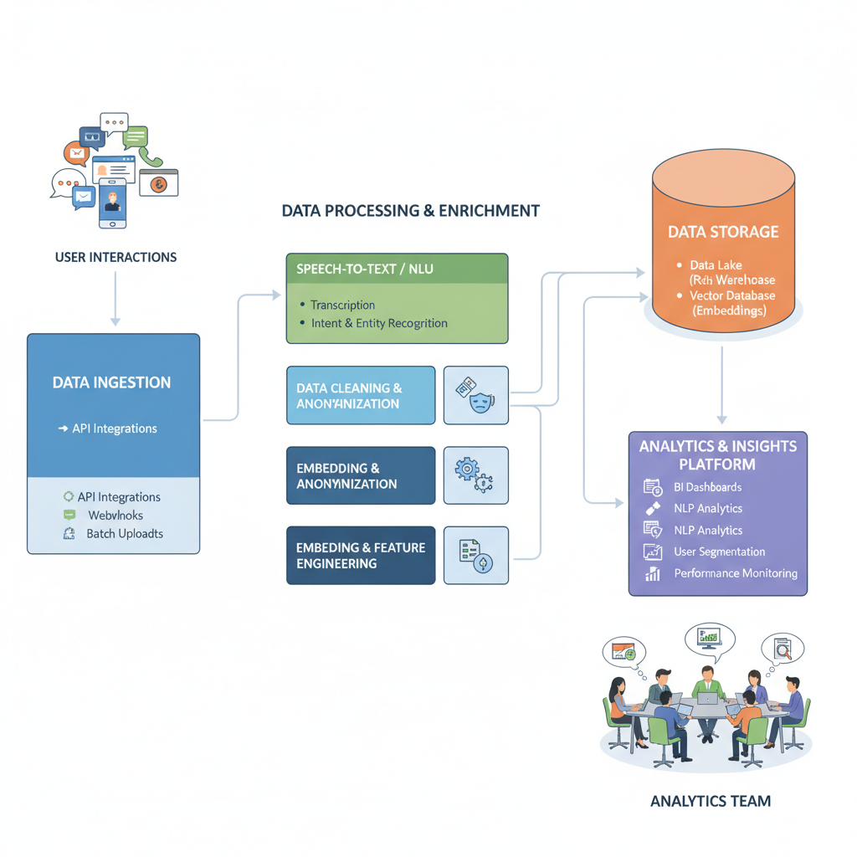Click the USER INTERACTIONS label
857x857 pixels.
click(115, 257)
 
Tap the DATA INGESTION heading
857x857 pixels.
click(111, 382)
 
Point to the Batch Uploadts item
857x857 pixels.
click(125, 534)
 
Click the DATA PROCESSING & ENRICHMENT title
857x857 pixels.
click(410, 211)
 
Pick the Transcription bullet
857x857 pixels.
click(342, 305)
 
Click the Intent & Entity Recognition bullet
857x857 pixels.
click(378, 323)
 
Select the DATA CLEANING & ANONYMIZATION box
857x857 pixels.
click(361, 396)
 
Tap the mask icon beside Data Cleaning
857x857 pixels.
click(475, 395)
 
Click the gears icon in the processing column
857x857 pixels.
click(475, 475)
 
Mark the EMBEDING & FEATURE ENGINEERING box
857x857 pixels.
click(361, 556)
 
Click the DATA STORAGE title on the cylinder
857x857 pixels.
click(723, 232)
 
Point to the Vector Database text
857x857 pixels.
click(732, 295)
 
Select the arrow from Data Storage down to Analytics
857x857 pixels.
click(722, 385)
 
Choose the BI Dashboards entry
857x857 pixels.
click(707, 487)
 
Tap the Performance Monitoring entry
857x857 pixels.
click(735, 573)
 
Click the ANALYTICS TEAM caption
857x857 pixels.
click(711, 801)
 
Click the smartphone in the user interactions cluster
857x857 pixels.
click(111, 203)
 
